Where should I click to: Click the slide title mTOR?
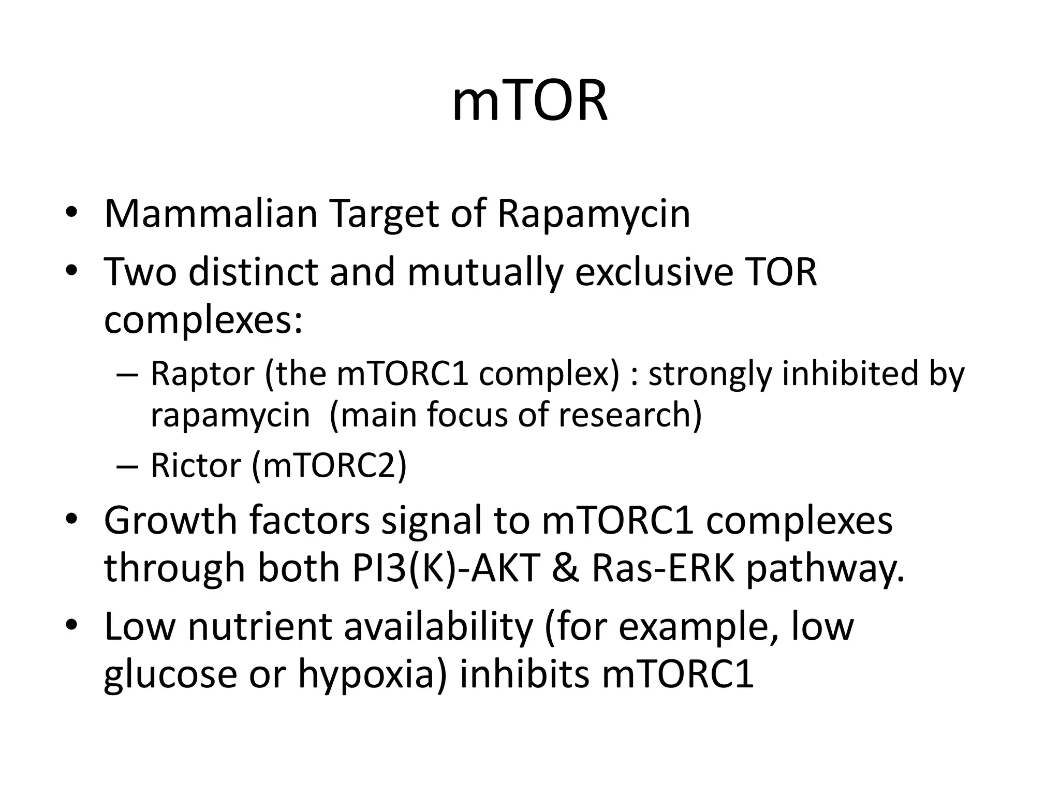(x=529, y=102)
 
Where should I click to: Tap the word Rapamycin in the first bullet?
(x=593, y=214)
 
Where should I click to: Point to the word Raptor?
(x=202, y=374)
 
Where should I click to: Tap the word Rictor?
(x=196, y=465)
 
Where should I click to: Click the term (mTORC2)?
(x=329, y=465)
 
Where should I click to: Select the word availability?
(x=438, y=626)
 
